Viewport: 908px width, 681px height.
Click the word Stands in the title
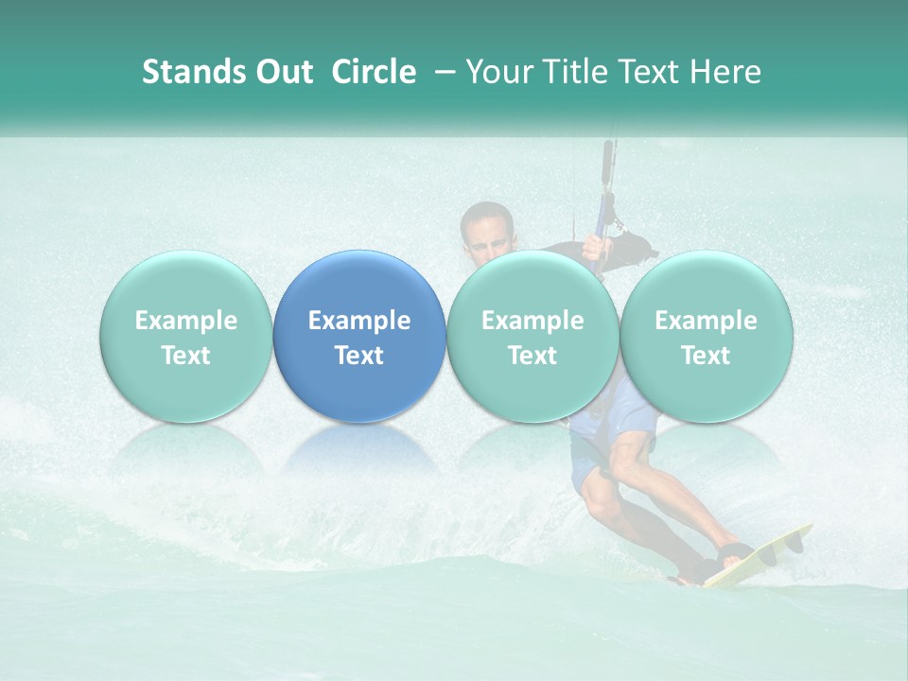tap(194, 72)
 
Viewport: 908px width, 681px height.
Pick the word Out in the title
tap(284, 72)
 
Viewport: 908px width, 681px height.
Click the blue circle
tap(359, 336)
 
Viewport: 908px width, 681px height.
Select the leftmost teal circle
tap(185, 336)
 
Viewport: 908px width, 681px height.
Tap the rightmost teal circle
tap(706, 336)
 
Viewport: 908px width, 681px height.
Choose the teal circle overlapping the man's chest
tap(533, 336)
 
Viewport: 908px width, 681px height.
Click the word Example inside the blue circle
tap(359, 321)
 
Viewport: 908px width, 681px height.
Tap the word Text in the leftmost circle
tap(185, 356)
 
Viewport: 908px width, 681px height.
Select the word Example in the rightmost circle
tap(706, 321)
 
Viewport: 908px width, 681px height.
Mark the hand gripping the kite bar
tap(592, 248)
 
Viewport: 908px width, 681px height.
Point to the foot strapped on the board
tap(733, 553)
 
